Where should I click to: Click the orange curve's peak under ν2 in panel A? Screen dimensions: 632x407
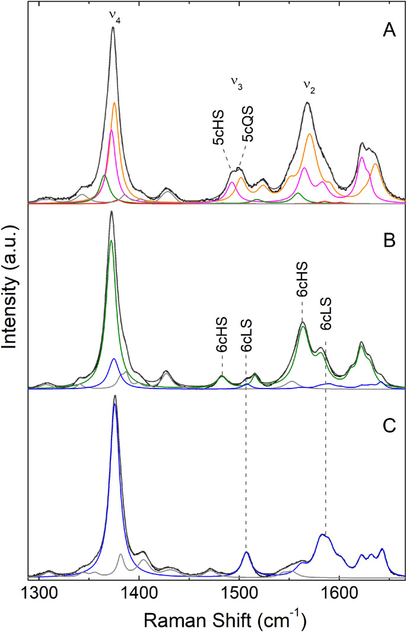coord(310,134)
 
